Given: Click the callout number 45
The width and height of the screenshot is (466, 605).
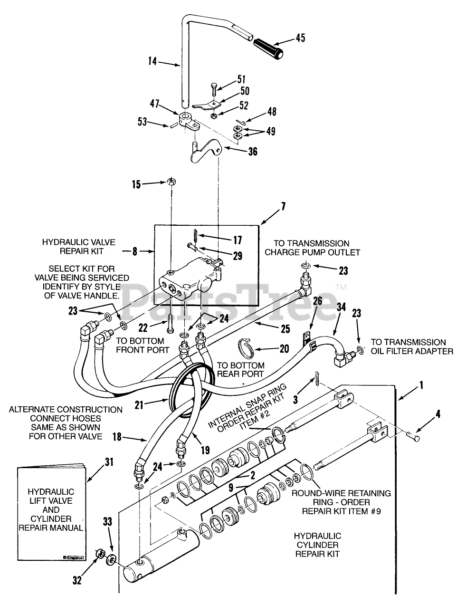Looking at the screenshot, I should click(x=300, y=38).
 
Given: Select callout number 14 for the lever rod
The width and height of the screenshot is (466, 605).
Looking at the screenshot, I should click(x=153, y=61).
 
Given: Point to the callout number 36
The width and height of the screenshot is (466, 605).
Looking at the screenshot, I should click(x=253, y=152).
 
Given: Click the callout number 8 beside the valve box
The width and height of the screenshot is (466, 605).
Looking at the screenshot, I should click(x=135, y=251).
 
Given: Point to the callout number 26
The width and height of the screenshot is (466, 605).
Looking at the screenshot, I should click(x=317, y=301).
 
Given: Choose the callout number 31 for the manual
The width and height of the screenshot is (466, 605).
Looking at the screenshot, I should click(x=109, y=462).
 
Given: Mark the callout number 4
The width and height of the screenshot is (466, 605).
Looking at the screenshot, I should click(x=437, y=414).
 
